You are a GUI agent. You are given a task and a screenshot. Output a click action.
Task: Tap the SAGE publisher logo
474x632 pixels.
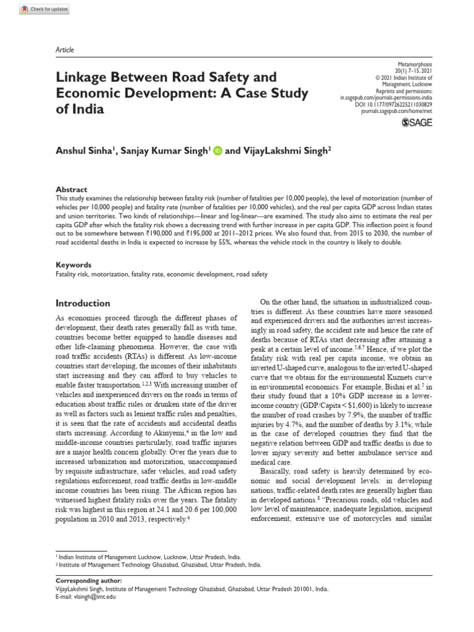[x=417, y=123]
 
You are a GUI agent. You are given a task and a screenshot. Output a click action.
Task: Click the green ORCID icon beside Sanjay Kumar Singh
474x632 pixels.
[x=217, y=150]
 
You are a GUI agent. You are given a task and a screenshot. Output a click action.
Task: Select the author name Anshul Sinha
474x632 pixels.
[x=83, y=150]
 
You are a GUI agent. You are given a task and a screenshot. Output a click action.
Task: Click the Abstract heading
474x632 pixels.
[x=72, y=189]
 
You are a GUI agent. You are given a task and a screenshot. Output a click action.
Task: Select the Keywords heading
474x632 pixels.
[x=73, y=264]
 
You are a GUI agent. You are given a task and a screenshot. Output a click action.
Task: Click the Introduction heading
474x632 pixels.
[x=83, y=303]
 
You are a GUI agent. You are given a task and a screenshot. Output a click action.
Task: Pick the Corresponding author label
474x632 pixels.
[x=89, y=581]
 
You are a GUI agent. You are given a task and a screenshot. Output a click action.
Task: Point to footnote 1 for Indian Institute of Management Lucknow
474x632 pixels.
[x=149, y=556]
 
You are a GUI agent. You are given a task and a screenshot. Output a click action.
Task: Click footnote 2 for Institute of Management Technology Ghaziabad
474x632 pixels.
[x=159, y=564]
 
